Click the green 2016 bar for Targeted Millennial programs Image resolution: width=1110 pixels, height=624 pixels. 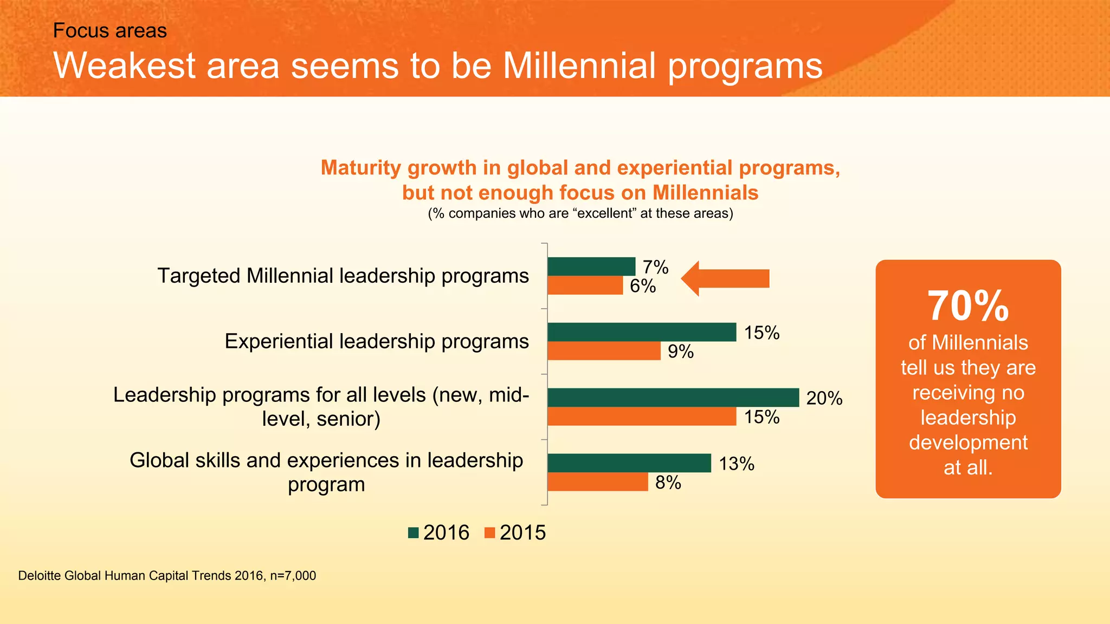point(591,266)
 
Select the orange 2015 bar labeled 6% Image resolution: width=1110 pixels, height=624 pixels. point(585,286)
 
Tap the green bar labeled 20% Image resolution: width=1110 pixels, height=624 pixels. point(673,398)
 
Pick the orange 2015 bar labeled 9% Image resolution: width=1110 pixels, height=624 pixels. point(604,351)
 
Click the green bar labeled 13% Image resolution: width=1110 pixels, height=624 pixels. point(629,463)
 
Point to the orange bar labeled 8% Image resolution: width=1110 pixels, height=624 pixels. point(597,482)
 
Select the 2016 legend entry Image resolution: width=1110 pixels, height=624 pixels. point(438,532)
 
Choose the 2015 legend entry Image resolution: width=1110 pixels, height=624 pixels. point(515,532)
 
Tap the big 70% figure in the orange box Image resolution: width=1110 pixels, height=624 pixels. point(968,306)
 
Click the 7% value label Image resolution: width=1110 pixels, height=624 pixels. point(655,267)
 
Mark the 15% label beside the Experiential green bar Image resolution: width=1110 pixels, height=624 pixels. point(761,333)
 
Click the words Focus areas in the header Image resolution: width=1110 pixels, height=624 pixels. point(110,31)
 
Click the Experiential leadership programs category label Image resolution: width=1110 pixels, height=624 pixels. point(377,341)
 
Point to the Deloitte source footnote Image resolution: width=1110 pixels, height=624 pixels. point(167,576)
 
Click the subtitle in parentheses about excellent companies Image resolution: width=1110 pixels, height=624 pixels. point(580,213)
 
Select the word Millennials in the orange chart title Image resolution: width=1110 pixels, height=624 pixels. point(705,193)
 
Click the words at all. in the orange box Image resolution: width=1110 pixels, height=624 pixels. point(968,467)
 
